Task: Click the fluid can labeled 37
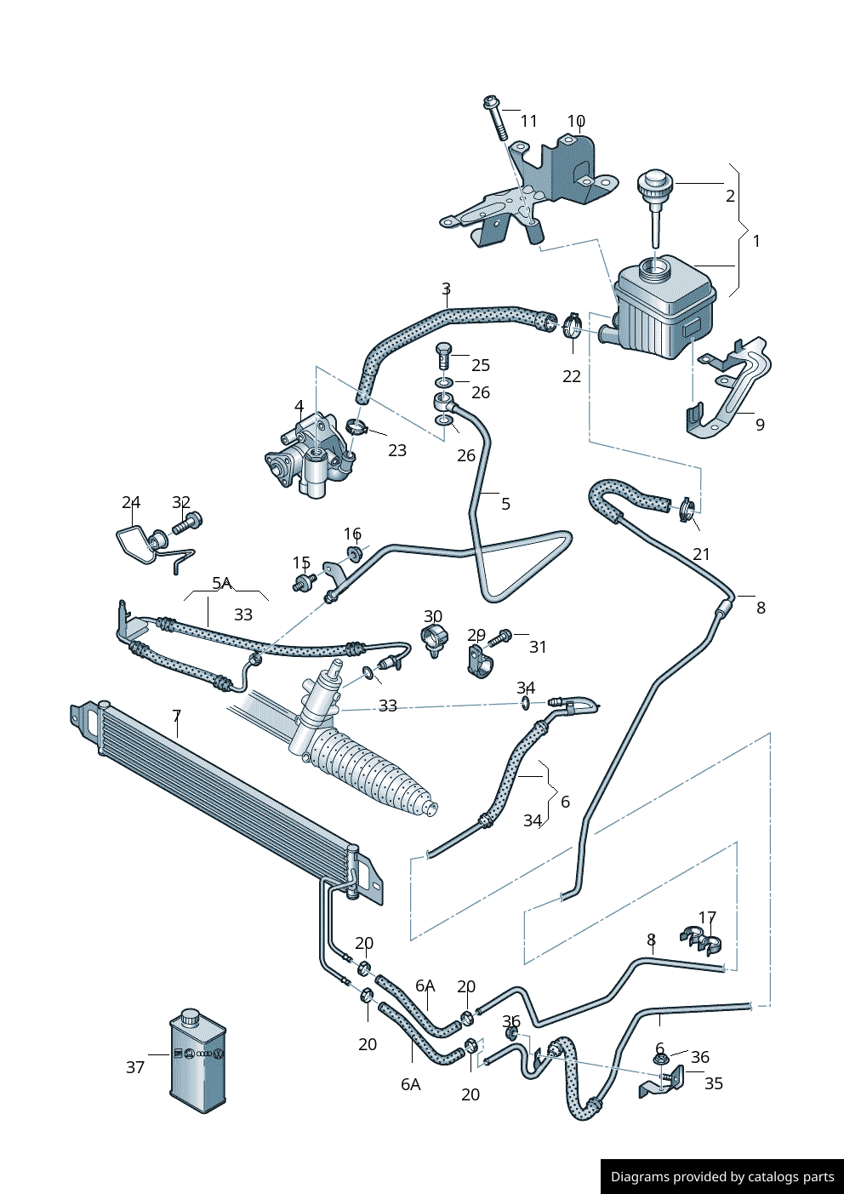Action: coord(198,1061)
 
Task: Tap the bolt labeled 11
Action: coord(495,118)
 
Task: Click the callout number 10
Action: coord(576,121)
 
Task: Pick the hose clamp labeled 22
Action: coord(570,324)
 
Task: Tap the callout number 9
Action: coord(760,425)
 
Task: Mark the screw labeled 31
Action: coord(502,636)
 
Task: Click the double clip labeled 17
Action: coord(702,940)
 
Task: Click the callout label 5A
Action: coord(221,583)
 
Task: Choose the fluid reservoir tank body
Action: coord(664,311)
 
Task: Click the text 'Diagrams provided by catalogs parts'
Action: coord(722,1177)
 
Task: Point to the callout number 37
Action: coord(135,1067)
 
